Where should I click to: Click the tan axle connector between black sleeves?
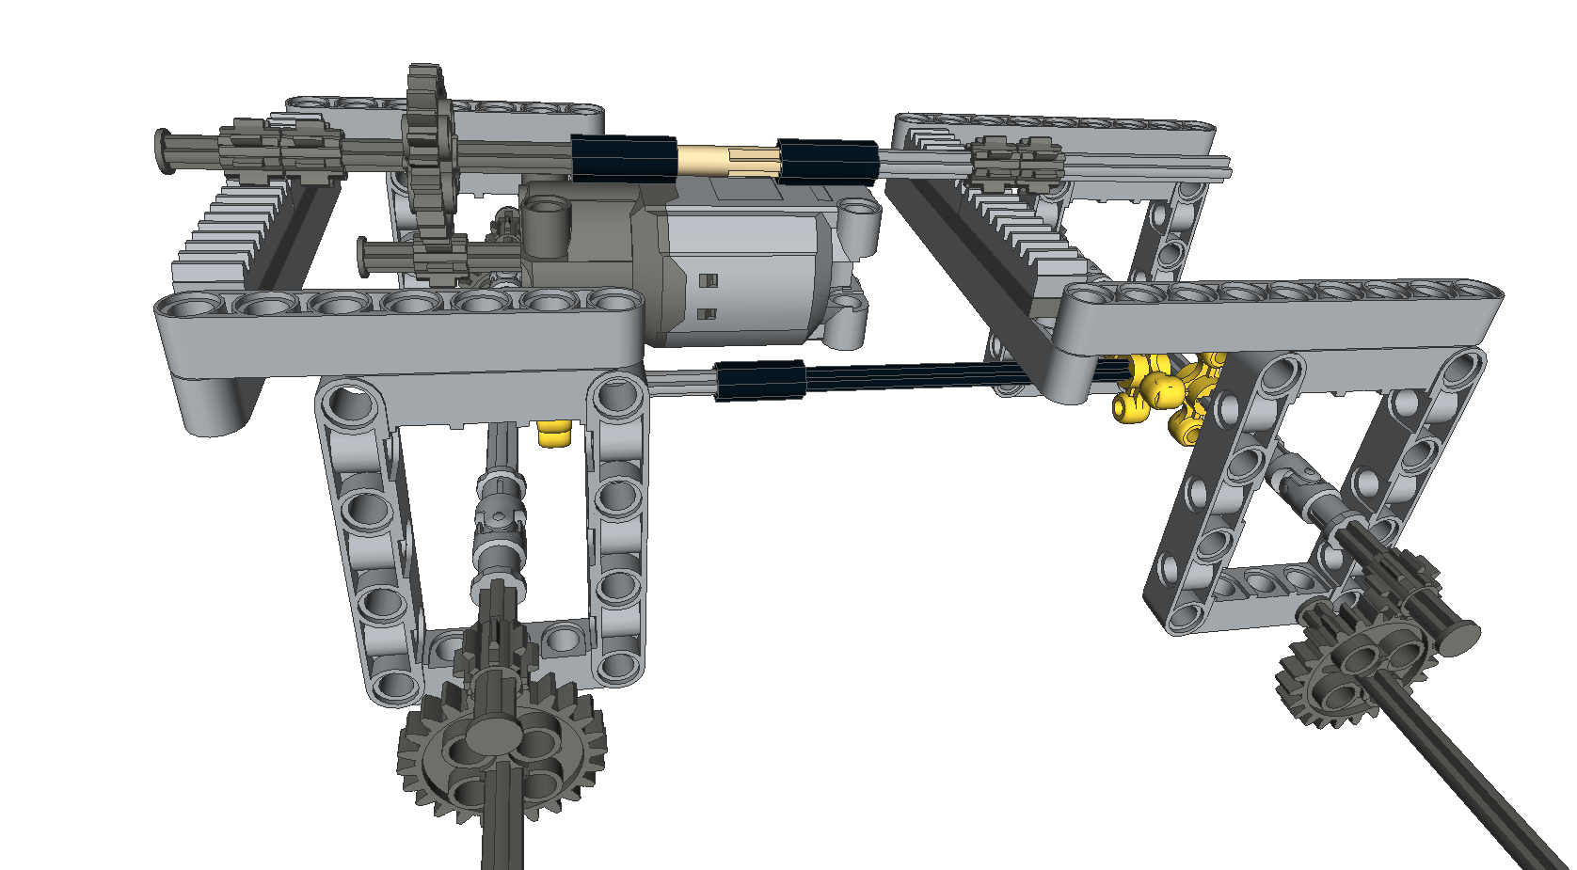pyautogui.click(x=726, y=160)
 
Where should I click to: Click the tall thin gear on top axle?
pyautogui.click(x=428, y=141)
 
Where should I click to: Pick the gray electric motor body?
pyautogui.click(x=743, y=268)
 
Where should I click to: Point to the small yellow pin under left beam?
pyautogui.click(x=554, y=435)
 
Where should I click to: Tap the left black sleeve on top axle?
pyautogui.click(x=623, y=158)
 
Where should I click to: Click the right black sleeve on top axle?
pyautogui.click(x=826, y=161)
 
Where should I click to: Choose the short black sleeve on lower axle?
pyautogui.click(x=759, y=380)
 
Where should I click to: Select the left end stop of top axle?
pyautogui.click(x=167, y=150)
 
